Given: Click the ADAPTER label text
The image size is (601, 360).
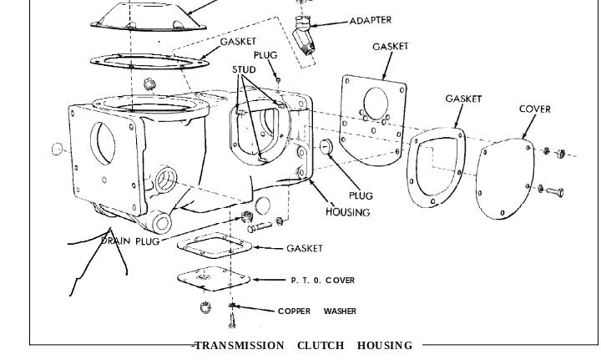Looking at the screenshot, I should pyautogui.click(x=370, y=21).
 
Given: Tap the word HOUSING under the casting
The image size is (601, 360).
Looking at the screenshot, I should pyautogui.click(x=347, y=212).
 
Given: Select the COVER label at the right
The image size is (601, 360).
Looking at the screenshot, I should pyautogui.click(x=534, y=109).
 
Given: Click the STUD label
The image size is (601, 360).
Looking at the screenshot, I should pyautogui.click(x=244, y=69).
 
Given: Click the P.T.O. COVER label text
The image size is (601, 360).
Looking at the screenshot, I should pyautogui.click(x=322, y=281).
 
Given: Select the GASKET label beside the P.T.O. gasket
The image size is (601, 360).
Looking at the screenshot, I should pyautogui.click(x=304, y=248).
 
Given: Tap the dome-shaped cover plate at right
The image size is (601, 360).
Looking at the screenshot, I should pyautogui.click(x=505, y=180).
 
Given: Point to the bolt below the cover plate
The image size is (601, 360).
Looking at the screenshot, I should pyautogui.click(x=553, y=191).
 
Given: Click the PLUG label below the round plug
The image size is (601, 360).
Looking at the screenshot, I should pyautogui.click(x=361, y=196).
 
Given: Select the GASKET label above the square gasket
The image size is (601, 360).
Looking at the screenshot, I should pyautogui.click(x=390, y=47).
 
